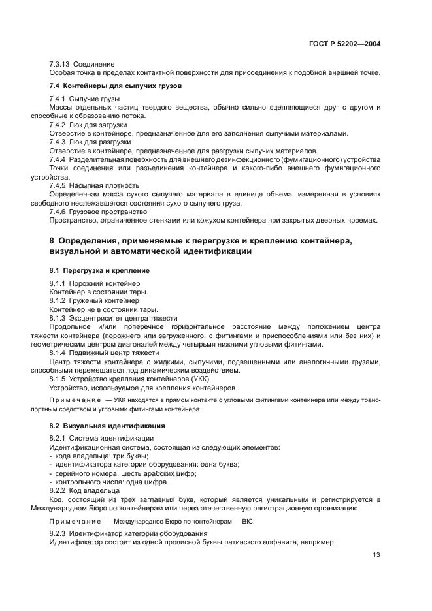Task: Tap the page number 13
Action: (376, 555)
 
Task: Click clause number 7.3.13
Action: (61, 64)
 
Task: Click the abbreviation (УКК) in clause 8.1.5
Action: (199, 378)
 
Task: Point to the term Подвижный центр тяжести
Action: (114, 352)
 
